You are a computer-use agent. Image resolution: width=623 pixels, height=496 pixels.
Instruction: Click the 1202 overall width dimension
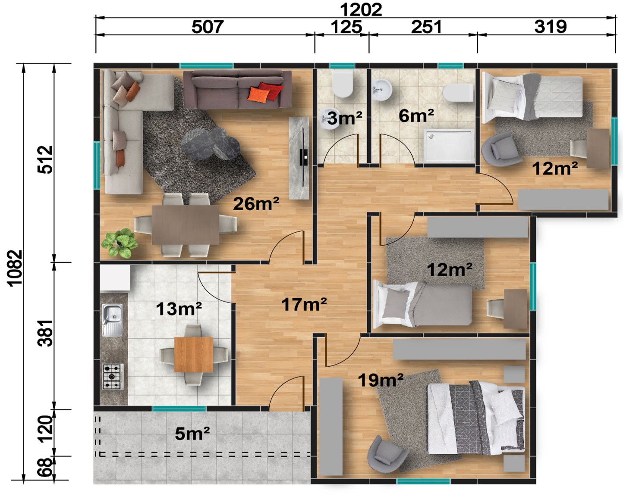[x=361, y=10]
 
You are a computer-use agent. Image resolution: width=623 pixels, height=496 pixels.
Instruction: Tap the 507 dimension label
[x=207, y=27]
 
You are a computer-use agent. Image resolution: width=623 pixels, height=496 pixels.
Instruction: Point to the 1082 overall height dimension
[x=15, y=268]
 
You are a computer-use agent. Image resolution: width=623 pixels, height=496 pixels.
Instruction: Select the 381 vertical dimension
[x=46, y=333]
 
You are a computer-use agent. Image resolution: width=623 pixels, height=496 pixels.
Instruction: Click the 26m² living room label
[x=256, y=203]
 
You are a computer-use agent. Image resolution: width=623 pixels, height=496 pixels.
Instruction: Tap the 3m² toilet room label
[x=344, y=118]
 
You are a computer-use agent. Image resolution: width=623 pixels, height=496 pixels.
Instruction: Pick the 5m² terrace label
[x=192, y=434]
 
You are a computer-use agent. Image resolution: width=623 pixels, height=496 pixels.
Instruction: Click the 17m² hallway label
[x=304, y=304]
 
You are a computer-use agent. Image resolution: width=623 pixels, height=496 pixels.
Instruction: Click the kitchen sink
[x=112, y=320]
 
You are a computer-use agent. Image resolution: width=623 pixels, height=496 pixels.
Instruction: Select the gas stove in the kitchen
[x=113, y=377]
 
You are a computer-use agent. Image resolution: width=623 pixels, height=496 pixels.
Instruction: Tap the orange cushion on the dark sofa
[x=258, y=94]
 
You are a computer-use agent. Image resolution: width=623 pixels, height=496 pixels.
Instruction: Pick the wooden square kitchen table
[x=194, y=355]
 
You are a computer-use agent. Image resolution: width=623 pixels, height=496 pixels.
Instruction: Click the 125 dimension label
[x=346, y=27]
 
